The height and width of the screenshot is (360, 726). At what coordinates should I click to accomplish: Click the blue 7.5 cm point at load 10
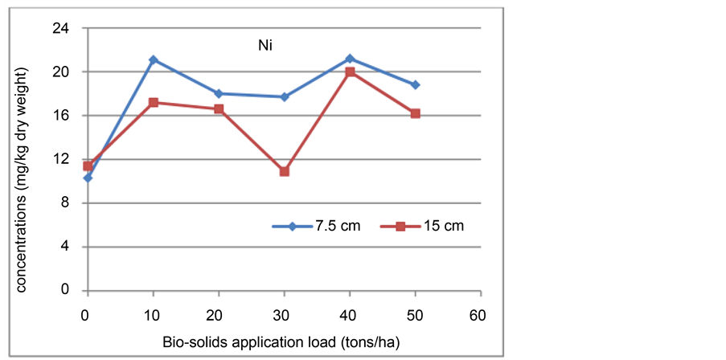point(154,60)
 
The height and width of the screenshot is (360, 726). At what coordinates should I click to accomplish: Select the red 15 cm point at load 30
point(285,171)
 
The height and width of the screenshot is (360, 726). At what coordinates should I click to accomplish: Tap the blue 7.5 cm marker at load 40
point(350,59)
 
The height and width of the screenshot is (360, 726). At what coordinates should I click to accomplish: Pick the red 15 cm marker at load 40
point(350,72)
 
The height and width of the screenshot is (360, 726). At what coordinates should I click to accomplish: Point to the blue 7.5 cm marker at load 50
point(416,84)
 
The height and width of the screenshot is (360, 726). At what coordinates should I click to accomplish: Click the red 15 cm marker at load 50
point(416,113)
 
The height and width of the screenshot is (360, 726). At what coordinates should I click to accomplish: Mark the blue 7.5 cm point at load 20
point(219,93)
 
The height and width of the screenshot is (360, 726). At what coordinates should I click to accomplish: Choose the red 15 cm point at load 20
point(219,108)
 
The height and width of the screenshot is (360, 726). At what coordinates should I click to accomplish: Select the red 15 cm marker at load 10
point(154,102)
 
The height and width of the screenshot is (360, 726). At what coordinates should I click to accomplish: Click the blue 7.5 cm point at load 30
point(285,96)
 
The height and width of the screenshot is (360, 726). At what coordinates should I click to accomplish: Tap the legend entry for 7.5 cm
point(316,227)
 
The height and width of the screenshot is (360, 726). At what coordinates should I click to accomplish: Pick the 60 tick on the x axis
point(481,313)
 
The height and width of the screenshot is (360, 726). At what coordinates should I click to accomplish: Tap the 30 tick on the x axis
point(284,313)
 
